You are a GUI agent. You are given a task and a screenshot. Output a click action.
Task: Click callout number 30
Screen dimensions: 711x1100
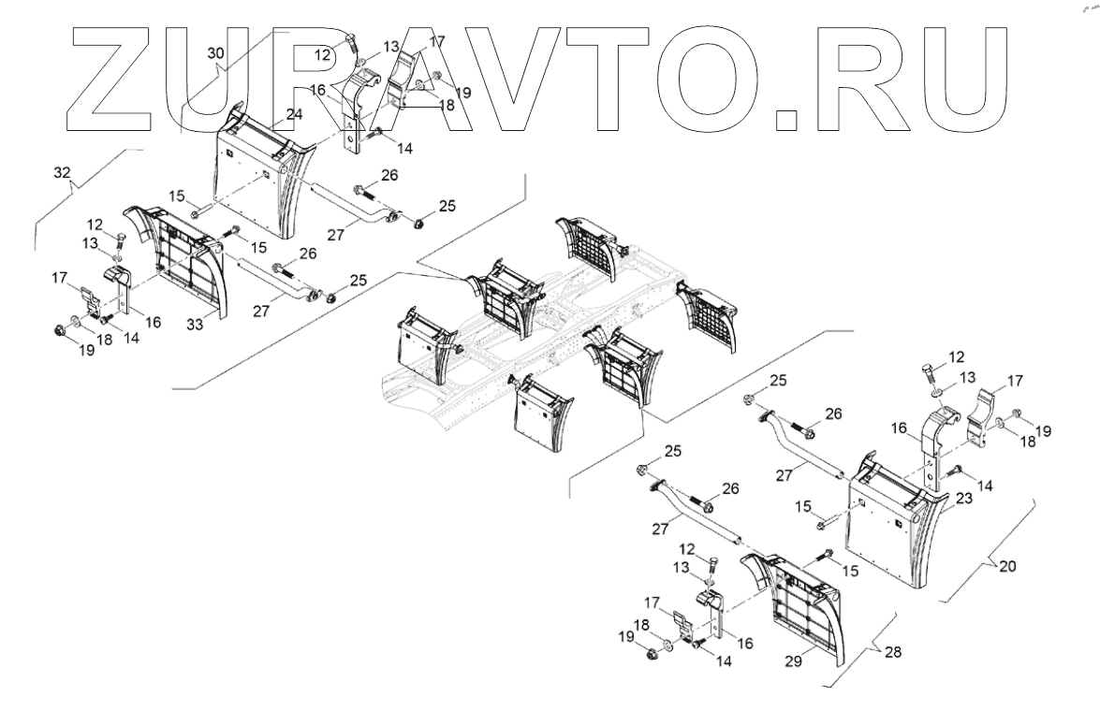click(214, 55)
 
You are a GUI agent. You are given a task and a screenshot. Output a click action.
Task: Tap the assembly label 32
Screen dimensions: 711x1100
click(62, 175)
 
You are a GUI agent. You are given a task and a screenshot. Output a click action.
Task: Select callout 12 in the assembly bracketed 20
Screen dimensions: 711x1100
click(955, 356)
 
